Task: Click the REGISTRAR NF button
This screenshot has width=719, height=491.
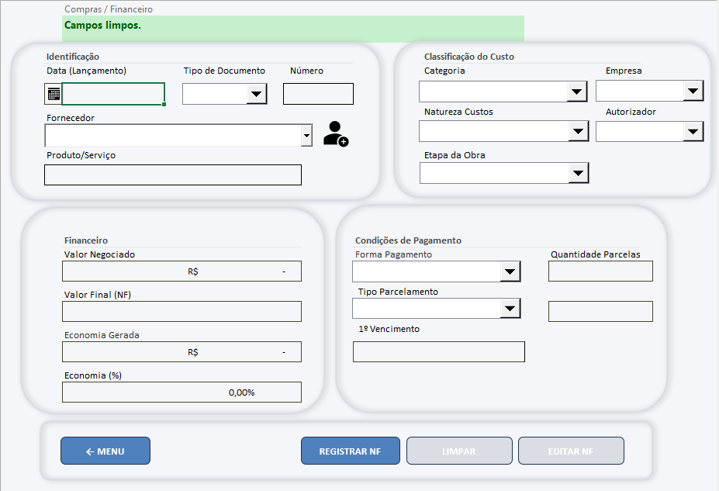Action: click(x=351, y=451)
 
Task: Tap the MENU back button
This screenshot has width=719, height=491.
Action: click(x=105, y=451)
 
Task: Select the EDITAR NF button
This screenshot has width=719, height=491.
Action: click(x=571, y=451)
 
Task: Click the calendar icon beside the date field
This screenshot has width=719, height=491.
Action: click(x=54, y=94)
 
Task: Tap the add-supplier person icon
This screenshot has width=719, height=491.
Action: click(x=336, y=134)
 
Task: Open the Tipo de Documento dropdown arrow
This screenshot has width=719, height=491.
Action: click(x=257, y=94)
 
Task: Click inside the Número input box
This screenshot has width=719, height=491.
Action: click(x=318, y=94)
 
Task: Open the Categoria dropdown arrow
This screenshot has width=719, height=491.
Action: click(x=577, y=92)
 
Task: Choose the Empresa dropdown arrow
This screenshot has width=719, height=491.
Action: click(x=693, y=91)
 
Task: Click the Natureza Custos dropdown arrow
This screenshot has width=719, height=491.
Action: click(x=579, y=132)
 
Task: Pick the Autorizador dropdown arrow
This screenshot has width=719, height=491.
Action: click(x=693, y=132)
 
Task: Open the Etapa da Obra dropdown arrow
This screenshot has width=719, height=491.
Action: click(x=579, y=173)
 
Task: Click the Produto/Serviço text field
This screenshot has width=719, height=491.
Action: click(x=173, y=175)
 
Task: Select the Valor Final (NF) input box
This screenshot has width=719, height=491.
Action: click(x=181, y=312)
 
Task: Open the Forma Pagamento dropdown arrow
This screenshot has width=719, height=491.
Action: click(x=510, y=271)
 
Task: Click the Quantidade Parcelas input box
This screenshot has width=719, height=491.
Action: click(x=600, y=271)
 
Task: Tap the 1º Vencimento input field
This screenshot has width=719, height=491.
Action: click(x=439, y=351)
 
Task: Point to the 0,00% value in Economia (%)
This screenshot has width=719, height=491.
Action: click(x=242, y=392)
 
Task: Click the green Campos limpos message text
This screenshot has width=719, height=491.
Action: click(x=102, y=26)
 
